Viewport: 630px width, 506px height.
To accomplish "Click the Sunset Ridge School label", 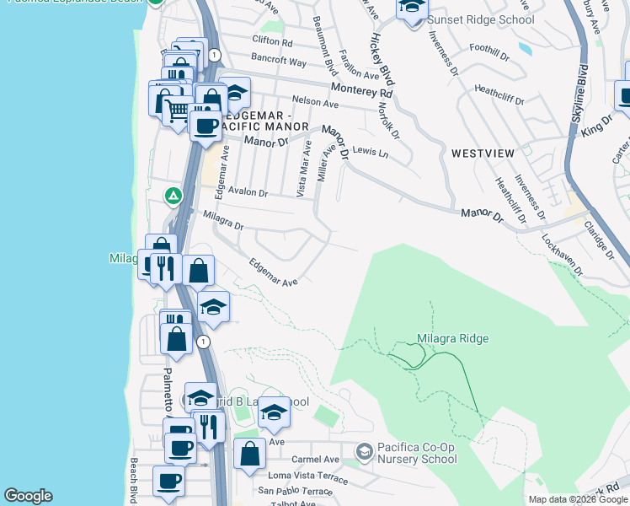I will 480,19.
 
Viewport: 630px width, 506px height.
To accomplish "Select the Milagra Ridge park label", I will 452,339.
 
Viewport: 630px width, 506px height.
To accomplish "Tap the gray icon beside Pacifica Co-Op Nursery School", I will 364,452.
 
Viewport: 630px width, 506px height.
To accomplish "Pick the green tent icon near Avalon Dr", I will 173,196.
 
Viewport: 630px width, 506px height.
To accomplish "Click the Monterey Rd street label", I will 362,89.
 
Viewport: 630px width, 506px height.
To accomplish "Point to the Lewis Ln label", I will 371,153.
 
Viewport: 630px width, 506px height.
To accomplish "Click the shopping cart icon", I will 177,110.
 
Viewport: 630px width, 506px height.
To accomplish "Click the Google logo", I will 28,496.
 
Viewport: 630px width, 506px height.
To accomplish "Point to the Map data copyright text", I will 577,499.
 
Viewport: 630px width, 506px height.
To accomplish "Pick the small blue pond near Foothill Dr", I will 526,49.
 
